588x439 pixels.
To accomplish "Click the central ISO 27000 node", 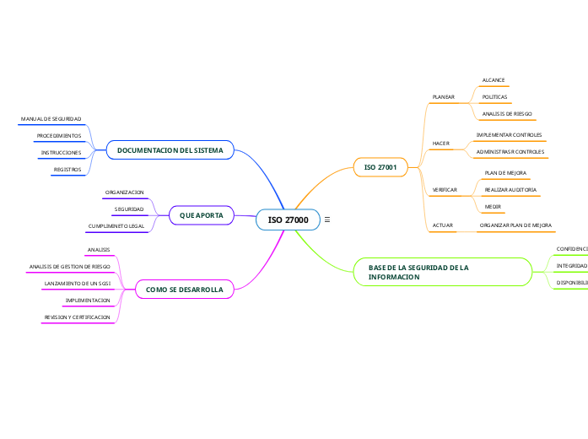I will pyautogui.click(x=288, y=220).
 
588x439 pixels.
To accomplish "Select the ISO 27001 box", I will pyautogui.click(x=380, y=168).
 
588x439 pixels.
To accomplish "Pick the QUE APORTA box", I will pyautogui.click(x=202, y=216).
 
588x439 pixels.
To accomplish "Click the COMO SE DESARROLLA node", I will pyautogui.click(x=184, y=290).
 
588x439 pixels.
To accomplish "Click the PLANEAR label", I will pyautogui.click(x=443, y=97).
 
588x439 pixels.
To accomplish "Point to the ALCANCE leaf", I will pyautogui.click(x=493, y=80).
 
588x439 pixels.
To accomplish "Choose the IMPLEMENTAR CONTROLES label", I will pyautogui.click(x=509, y=135).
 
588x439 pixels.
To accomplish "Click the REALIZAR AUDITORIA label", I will pyautogui.click(x=510, y=190).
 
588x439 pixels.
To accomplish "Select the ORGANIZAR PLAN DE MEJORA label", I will pyautogui.click(x=515, y=225).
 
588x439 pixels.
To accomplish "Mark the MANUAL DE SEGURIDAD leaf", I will pyautogui.click(x=51, y=119).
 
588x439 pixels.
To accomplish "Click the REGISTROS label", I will pyautogui.click(x=67, y=170).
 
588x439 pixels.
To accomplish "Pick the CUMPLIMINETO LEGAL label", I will pyautogui.click(x=116, y=226).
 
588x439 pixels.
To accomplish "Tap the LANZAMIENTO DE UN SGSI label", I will pyautogui.click(x=78, y=284).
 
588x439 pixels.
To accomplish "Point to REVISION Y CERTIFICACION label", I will pyautogui.click(x=78, y=317).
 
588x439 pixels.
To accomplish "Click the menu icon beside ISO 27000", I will pyautogui.click(x=326, y=220).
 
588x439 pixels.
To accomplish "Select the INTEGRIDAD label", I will pyautogui.click(x=571, y=266).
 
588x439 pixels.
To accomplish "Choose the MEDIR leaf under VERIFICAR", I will pyautogui.click(x=494, y=207).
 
